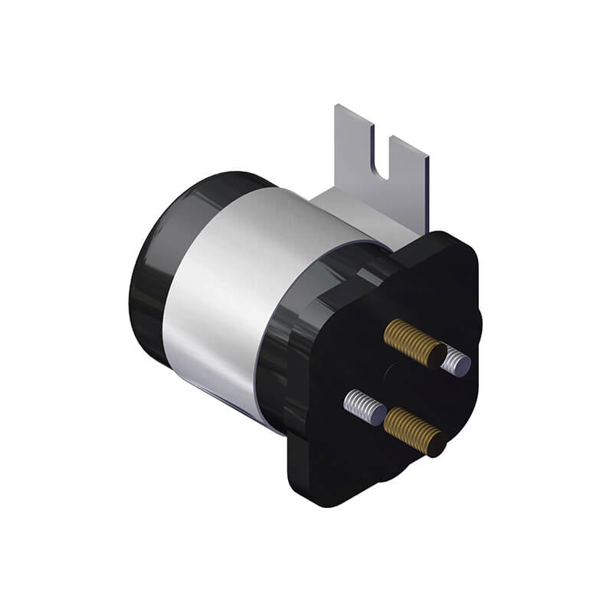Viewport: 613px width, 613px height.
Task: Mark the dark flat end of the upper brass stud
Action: click(435, 355)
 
